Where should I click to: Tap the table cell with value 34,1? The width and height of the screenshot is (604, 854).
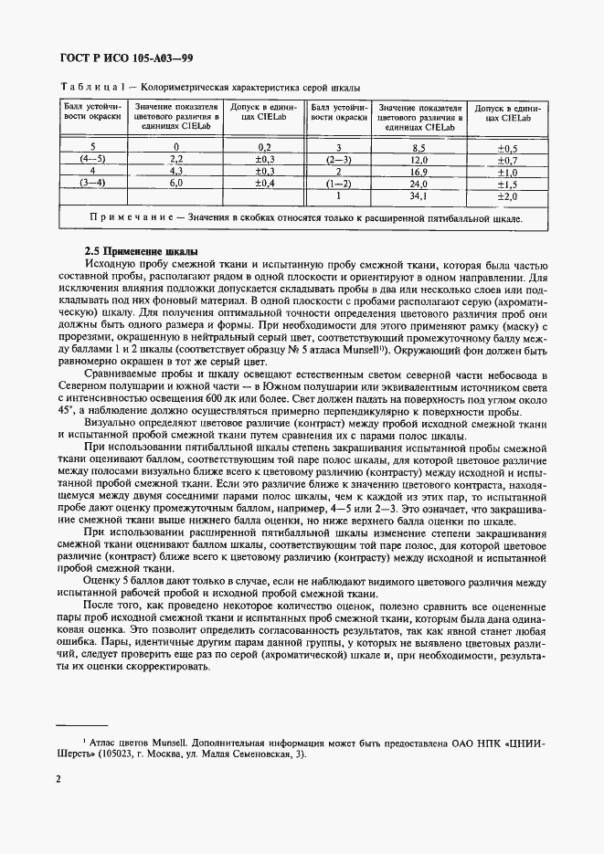pyautogui.click(x=419, y=195)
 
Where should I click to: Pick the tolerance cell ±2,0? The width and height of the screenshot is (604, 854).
pyautogui.click(x=506, y=195)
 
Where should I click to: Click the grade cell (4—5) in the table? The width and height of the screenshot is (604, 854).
pyautogui.click(x=93, y=159)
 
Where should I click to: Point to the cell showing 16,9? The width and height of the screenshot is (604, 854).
pyautogui.click(x=419, y=171)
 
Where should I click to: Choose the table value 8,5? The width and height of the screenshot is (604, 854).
pyautogui.click(x=419, y=147)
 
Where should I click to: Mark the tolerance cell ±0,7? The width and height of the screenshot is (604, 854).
pyautogui.click(x=506, y=159)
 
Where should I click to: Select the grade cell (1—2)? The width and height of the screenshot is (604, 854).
pyautogui.click(x=339, y=183)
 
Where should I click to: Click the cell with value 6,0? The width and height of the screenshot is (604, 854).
pyautogui.click(x=176, y=183)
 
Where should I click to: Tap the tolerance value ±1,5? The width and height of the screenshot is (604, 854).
pyautogui.click(x=506, y=183)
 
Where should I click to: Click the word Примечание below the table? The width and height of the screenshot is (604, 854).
pyautogui.click(x=132, y=218)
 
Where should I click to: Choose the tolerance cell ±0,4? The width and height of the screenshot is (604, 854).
pyautogui.click(x=265, y=183)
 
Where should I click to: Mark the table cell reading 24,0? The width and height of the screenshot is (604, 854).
pyautogui.click(x=419, y=183)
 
